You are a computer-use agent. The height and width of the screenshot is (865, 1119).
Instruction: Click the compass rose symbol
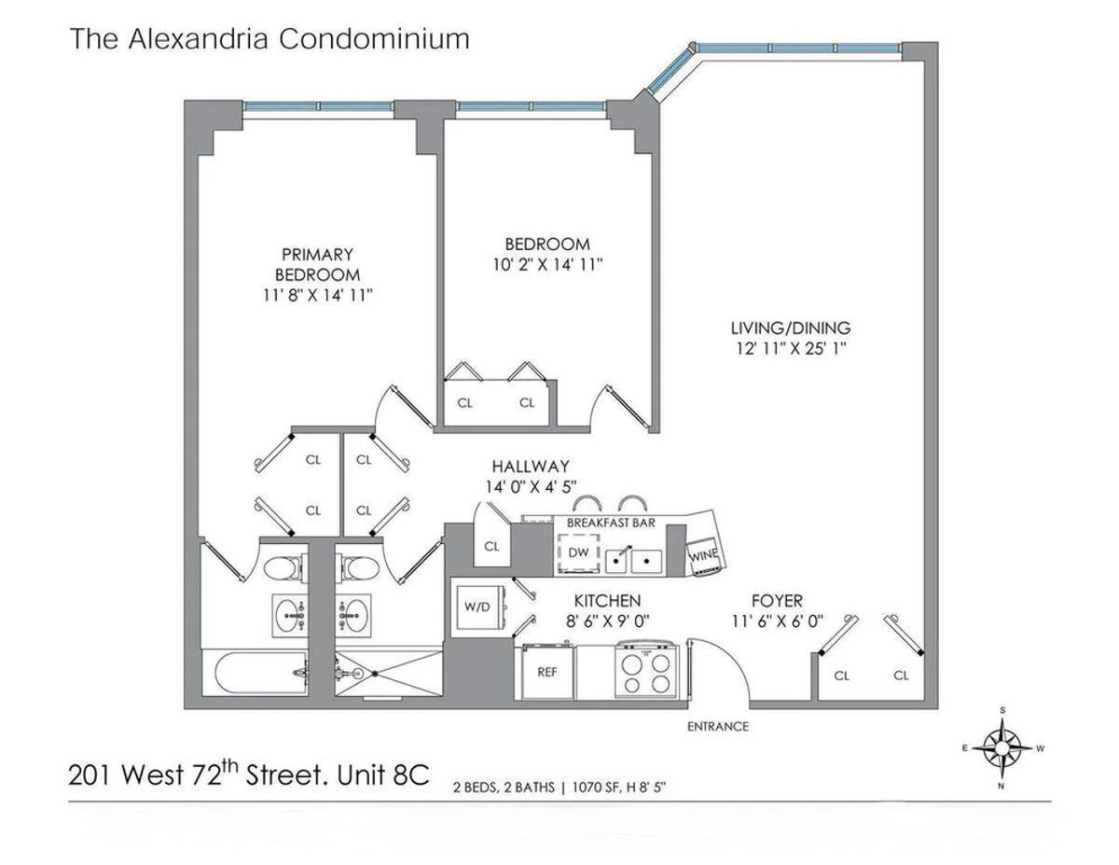[1002, 747]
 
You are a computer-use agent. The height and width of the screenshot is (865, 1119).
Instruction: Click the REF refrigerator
[547, 671]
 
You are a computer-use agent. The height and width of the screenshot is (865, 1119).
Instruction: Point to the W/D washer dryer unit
[477, 607]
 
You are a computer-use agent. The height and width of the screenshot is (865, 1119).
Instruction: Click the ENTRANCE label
[717, 726]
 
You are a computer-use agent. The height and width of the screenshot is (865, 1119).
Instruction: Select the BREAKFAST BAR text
[611, 523]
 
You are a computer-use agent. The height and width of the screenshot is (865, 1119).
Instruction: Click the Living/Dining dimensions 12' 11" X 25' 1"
[791, 349]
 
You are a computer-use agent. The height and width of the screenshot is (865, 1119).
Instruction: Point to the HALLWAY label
[531, 467]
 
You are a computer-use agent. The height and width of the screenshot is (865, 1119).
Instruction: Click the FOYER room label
[778, 601]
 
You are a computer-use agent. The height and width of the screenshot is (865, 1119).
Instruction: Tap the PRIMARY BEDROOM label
[318, 264]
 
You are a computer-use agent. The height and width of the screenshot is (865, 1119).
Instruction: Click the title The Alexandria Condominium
[269, 39]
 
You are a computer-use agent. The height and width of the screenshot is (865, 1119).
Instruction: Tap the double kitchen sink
[632, 560]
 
